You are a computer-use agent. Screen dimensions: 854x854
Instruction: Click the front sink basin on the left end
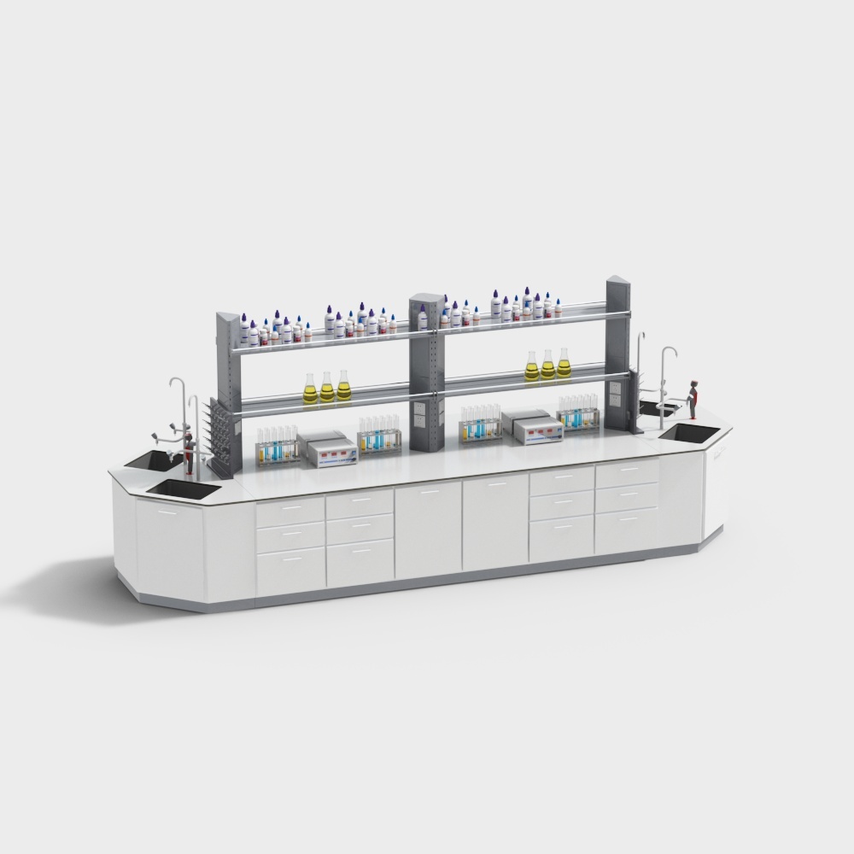click(184, 488)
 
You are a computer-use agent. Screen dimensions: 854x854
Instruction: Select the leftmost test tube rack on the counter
click(278, 446)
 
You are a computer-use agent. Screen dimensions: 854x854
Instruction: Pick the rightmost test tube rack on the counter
click(579, 412)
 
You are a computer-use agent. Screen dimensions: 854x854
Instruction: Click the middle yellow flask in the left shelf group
click(327, 389)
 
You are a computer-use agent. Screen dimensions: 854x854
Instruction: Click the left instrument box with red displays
click(326, 449)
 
